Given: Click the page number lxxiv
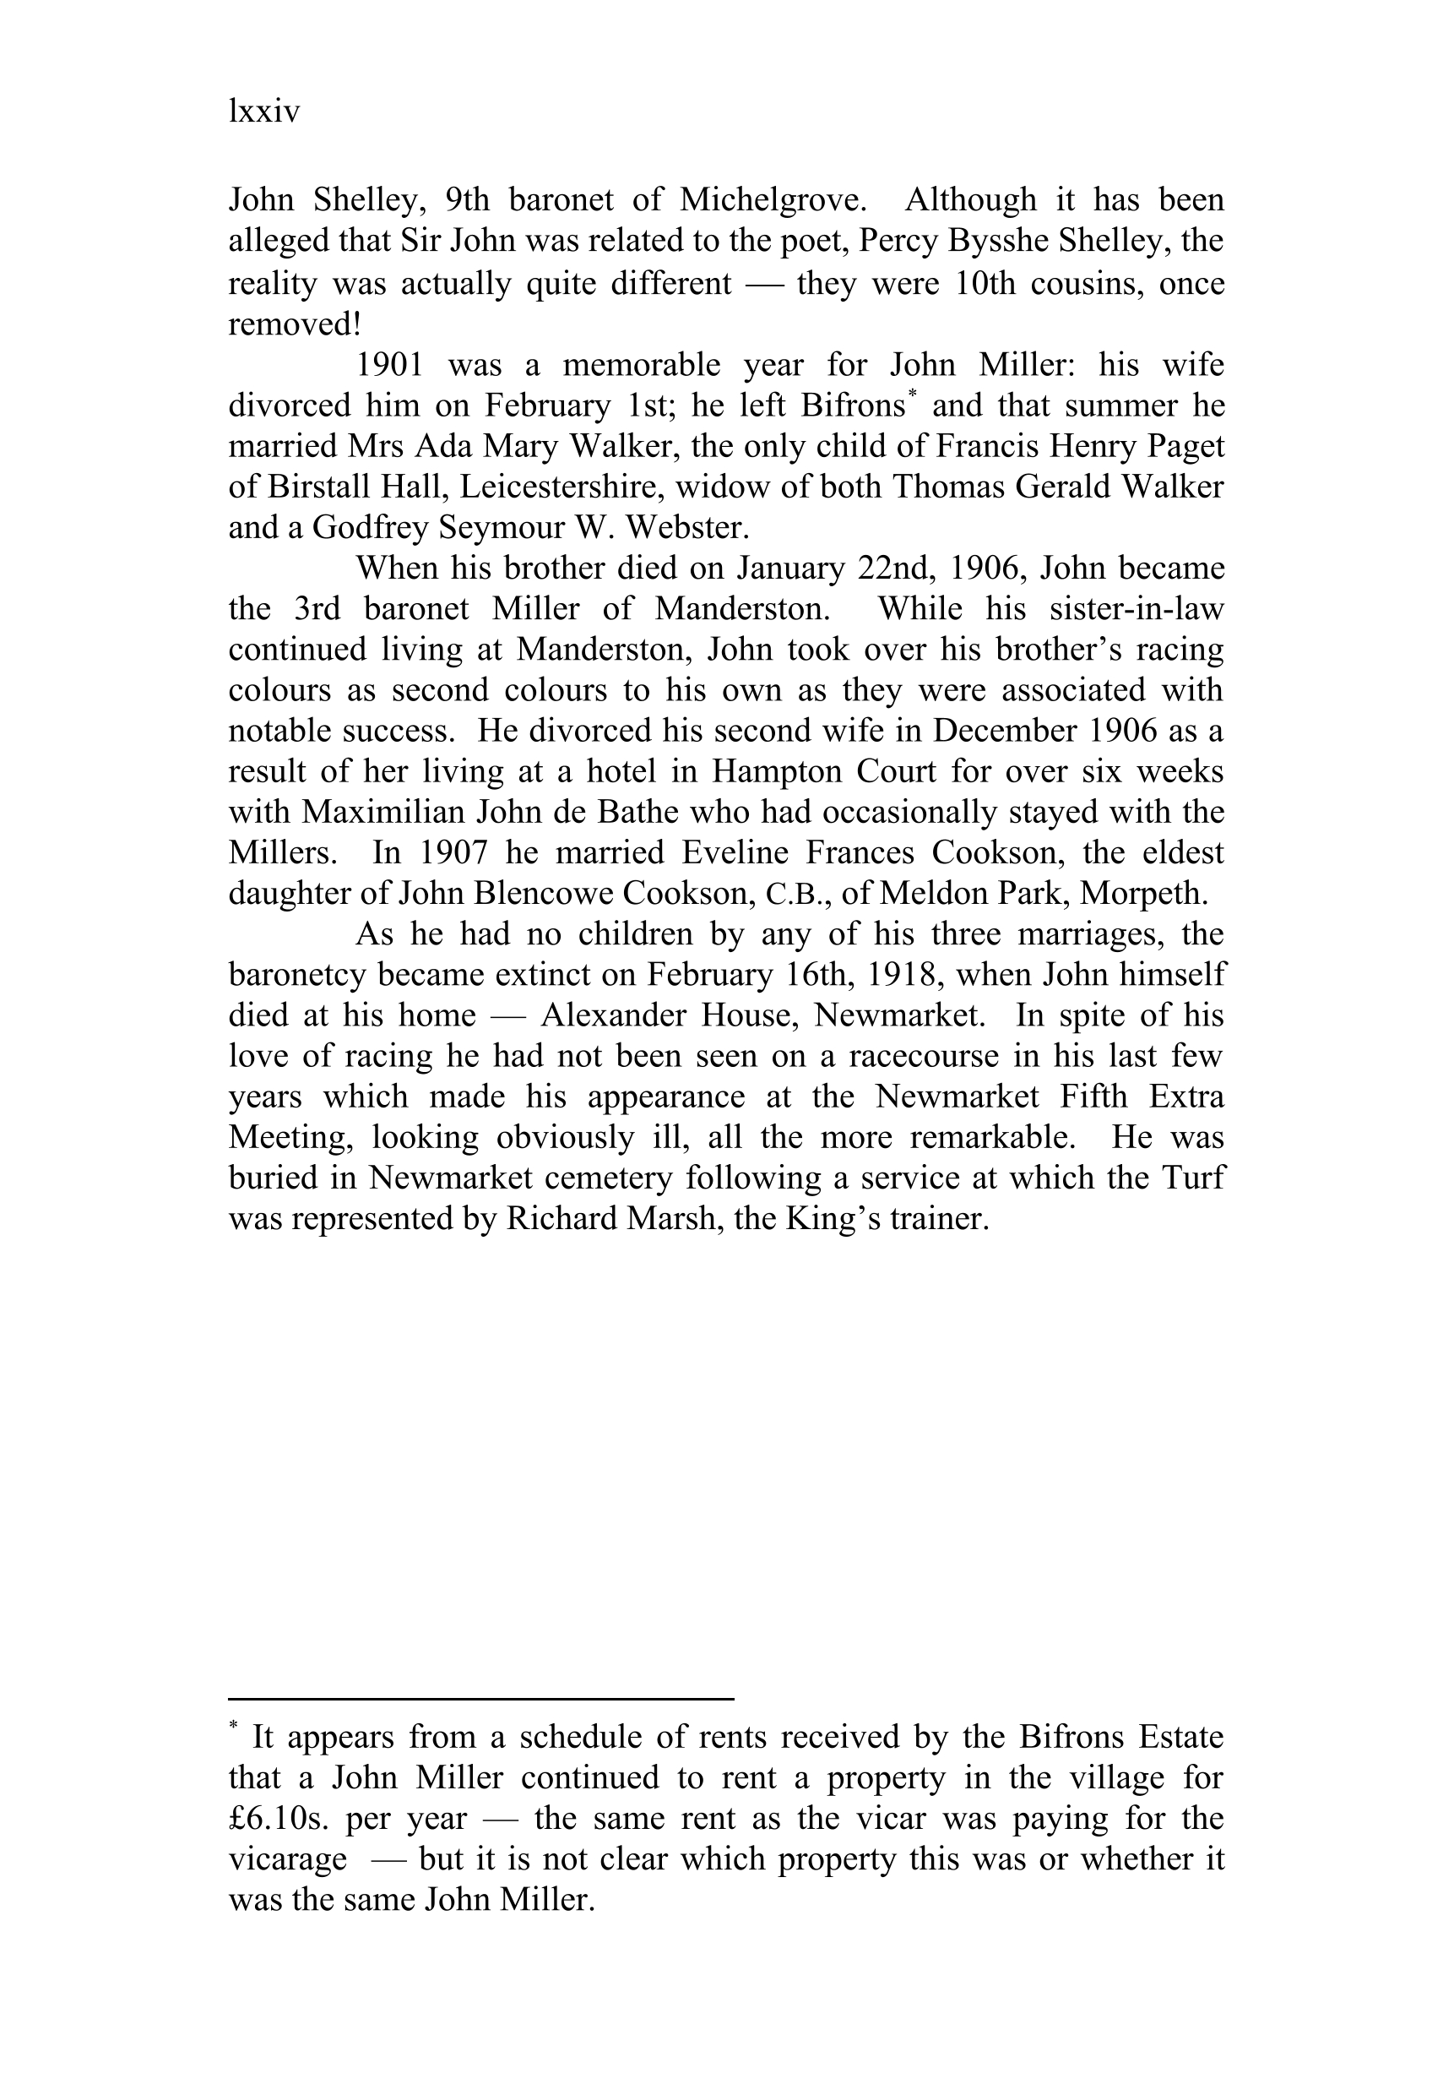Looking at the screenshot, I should point(263,112).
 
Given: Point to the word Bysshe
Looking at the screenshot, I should point(992,241).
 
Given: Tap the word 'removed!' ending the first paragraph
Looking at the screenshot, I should point(294,324).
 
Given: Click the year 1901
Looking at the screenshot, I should point(389,364).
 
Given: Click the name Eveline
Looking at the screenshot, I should point(740,852).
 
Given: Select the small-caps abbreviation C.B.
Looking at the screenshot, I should point(797,894).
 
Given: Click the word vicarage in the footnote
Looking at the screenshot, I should point(287,1859).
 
